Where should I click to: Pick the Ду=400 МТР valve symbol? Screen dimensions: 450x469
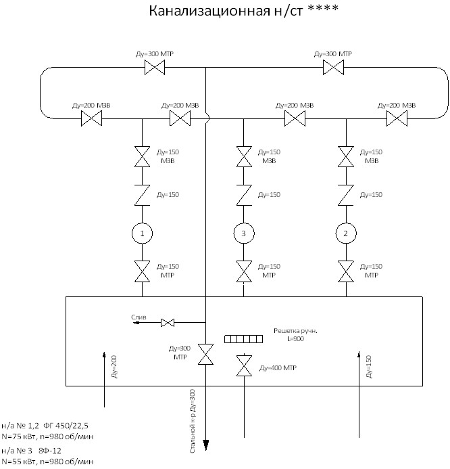[244, 365]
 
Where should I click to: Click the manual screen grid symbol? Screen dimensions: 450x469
[244, 339]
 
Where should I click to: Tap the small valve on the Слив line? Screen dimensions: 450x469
[168, 323]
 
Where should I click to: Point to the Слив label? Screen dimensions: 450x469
[139, 317]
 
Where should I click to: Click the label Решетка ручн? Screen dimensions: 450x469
[295, 331]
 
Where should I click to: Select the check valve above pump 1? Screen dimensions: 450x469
[142, 196]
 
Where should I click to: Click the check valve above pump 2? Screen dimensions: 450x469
[346, 196]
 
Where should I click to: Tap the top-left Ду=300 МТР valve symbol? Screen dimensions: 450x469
[155, 67]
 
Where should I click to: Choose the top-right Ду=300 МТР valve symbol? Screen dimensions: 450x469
[334, 67]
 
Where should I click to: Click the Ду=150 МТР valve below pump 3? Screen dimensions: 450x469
[244, 271]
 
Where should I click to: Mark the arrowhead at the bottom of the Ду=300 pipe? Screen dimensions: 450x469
[205, 445]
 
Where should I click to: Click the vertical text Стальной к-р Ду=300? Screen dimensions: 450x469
[193, 421]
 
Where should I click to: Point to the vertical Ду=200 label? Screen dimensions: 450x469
[114, 367]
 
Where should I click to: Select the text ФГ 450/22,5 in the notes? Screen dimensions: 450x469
[66, 426]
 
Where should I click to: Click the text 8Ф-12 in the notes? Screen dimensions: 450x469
[50, 451]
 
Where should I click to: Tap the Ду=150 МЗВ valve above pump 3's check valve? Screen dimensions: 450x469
[244, 156]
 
